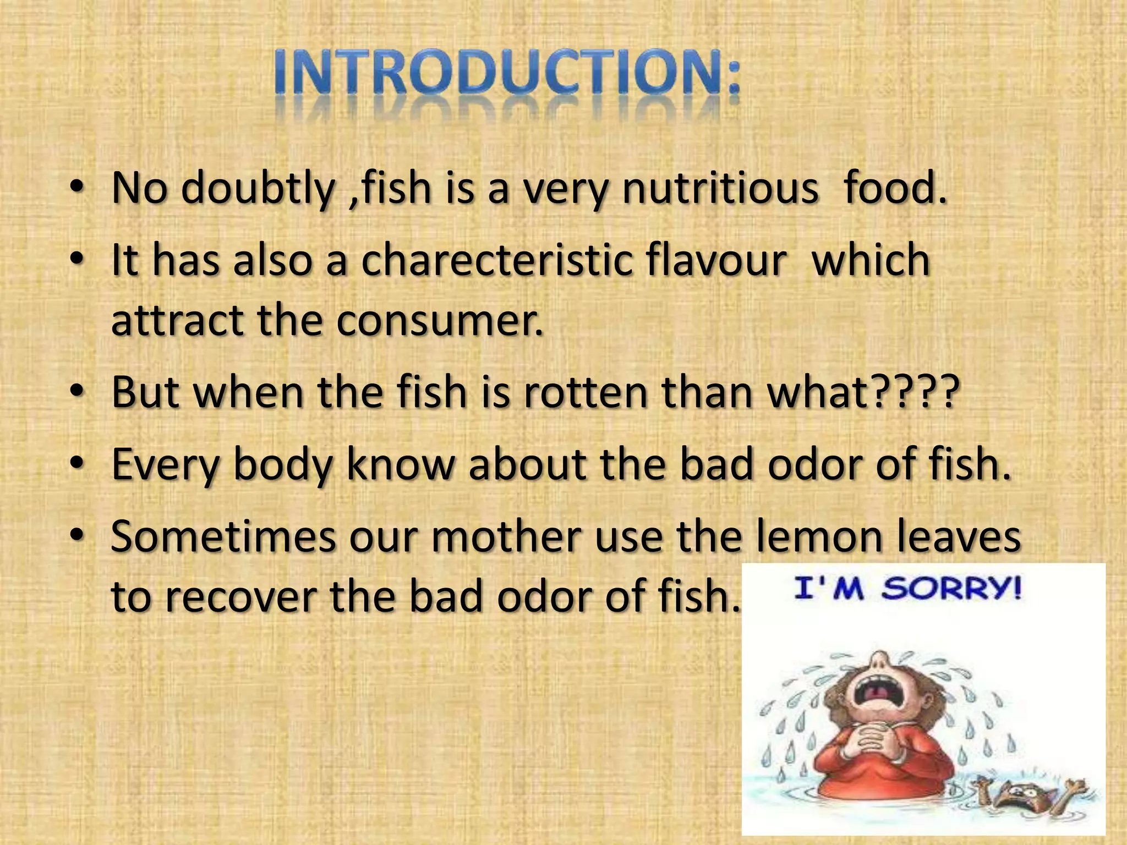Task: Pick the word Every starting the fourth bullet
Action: pyautogui.click(x=166, y=465)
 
